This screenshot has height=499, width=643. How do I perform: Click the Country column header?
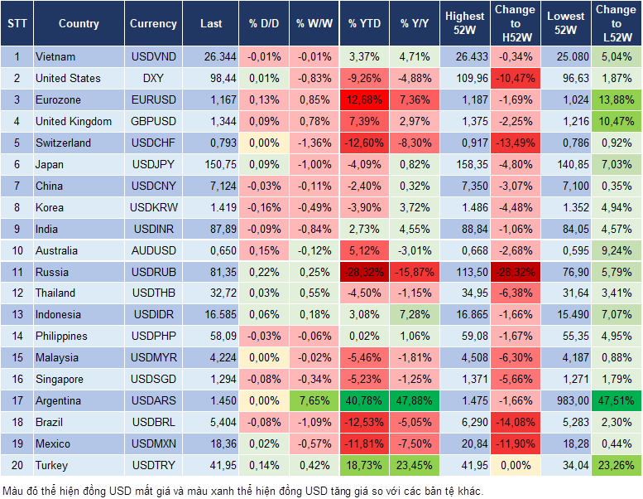click(79, 24)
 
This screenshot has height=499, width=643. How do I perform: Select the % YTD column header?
click(364, 24)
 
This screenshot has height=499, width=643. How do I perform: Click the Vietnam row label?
click(56, 57)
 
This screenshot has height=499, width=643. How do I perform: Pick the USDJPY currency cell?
click(153, 164)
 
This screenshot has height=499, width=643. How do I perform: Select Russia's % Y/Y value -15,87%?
click(415, 272)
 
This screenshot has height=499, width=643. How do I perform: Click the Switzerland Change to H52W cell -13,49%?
click(514, 143)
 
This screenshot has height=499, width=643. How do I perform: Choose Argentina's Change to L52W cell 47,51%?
click(616, 400)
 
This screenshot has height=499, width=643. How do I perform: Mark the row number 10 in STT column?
click(17, 250)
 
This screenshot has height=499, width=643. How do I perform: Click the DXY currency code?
click(153, 79)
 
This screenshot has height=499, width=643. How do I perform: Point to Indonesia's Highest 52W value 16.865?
click(464, 315)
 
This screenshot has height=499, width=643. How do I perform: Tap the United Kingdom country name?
click(74, 122)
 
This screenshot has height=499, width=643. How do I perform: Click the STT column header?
click(17, 24)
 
